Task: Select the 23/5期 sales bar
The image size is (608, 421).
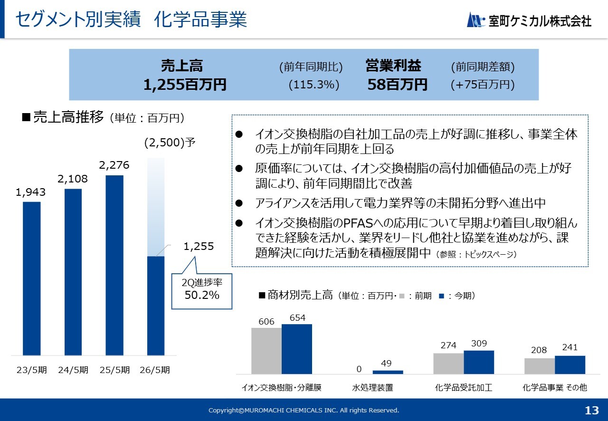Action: [x=32, y=278]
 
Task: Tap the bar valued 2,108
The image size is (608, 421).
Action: [x=73, y=272]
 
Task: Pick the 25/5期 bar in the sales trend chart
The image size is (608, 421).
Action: [x=114, y=265]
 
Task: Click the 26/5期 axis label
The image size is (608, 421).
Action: [x=155, y=370]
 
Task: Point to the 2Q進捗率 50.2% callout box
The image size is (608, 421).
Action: [x=202, y=291]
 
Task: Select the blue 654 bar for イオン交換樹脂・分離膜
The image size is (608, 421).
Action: [x=297, y=349]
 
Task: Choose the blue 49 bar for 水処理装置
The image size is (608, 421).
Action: [x=388, y=372]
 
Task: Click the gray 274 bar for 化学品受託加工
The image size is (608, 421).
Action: [x=448, y=364]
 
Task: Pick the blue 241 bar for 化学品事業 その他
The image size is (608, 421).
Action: [x=570, y=364]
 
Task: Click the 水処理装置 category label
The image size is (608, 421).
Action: [x=372, y=388]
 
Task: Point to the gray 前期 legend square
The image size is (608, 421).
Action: [x=402, y=296]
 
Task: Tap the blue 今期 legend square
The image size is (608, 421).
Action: [x=441, y=296]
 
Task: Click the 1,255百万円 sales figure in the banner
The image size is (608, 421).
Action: [x=185, y=85]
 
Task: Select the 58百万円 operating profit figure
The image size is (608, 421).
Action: [x=397, y=85]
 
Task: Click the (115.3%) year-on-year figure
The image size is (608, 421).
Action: [x=314, y=85]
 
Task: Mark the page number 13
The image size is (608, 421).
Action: [x=592, y=411]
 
